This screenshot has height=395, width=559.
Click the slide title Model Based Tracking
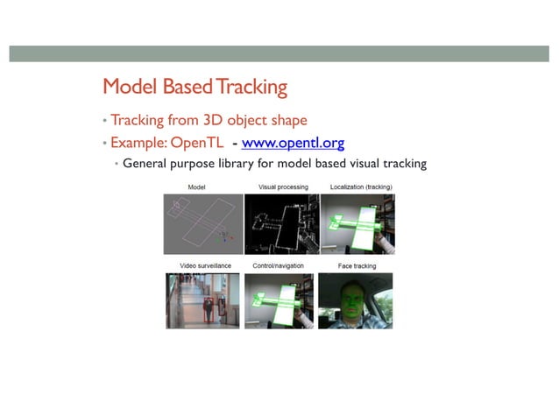pyautogui.click(x=195, y=88)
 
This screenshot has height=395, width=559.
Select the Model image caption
pyautogui.click(x=197, y=187)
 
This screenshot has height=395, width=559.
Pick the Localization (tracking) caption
pyautogui.click(x=361, y=187)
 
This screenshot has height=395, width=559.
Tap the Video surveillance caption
pyautogui.click(x=202, y=265)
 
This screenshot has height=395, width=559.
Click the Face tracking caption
pyautogui.click(x=356, y=265)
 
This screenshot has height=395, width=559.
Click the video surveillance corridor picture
pyautogui.click(x=202, y=300)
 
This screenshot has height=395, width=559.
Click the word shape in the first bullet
pyautogui.click(x=287, y=120)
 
